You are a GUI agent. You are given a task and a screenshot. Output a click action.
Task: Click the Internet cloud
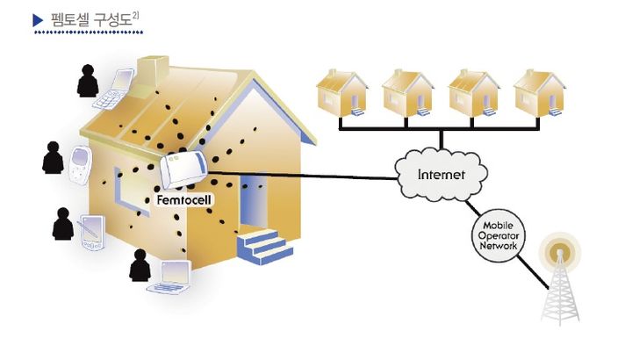(x=442, y=174)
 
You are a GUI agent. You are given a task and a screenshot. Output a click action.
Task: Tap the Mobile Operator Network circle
(x=498, y=236)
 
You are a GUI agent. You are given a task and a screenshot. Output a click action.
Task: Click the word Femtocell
(x=185, y=200)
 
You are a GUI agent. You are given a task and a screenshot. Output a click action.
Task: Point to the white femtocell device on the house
(x=185, y=170)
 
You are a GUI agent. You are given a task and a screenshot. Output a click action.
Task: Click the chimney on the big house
(x=155, y=69)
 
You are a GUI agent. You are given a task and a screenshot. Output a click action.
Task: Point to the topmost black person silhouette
(x=88, y=81)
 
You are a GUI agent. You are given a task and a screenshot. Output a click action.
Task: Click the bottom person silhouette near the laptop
(x=140, y=266)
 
